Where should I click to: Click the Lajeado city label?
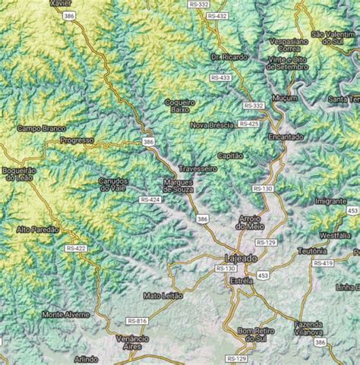(x=242, y=258)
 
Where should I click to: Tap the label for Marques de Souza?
(x=180, y=186)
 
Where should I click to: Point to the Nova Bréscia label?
(x=211, y=124)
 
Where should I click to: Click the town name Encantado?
(x=286, y=137)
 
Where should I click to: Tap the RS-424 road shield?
(x=150, y=200)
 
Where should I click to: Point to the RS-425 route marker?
(x=248, y=123)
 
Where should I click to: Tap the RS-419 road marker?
(x=323, y=263)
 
